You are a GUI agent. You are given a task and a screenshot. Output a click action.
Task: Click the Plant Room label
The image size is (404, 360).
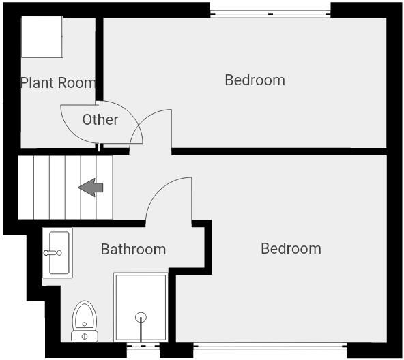(x=58, y=83)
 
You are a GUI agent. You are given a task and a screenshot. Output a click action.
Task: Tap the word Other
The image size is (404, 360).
(x=100, y=120)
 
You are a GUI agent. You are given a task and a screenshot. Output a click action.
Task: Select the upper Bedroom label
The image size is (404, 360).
(x=255, y=80)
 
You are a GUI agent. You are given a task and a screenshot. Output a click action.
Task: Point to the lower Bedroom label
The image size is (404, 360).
(x=291, y=249)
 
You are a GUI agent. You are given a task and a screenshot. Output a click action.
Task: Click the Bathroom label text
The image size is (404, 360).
(x=133, y=250)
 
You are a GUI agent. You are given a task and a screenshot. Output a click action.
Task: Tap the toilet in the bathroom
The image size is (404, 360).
(x=85, y=317)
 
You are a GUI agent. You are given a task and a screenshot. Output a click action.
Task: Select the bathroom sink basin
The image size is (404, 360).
(x=58, y=253)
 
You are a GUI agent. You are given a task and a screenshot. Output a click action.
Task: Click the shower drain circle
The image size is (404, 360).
(x=141, y=317)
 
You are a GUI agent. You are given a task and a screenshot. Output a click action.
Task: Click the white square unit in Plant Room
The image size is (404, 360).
(x=42, y=37)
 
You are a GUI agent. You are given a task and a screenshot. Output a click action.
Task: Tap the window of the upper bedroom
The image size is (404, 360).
(x=270, y=13)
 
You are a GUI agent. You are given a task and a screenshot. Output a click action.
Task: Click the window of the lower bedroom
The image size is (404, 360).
(x=270, y=345)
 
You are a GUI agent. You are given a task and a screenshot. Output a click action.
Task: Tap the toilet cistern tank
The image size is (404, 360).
(x=85, y=336)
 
